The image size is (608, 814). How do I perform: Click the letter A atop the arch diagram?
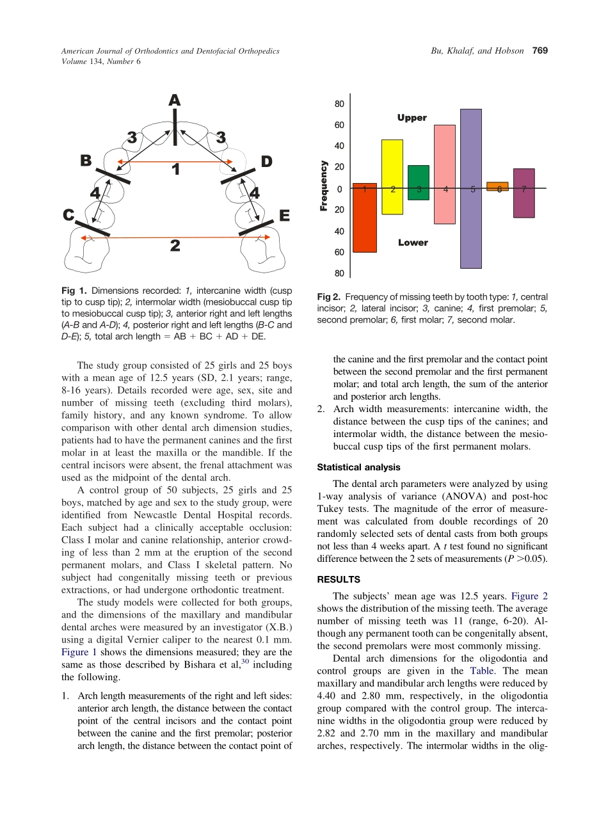pyautogui.click(x=174, y=100)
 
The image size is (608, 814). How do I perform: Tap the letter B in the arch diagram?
pyautogui.click(x=86, y=161)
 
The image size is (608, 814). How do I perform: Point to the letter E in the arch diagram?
pyautogui.click(x=285, y=216)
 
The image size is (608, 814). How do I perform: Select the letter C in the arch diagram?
pyautogui.click(x=69, y=216)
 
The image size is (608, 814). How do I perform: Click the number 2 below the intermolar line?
pyautogui.click(x=175, y=246)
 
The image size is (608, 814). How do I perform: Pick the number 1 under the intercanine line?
pyautogui.click(x=175, y=170)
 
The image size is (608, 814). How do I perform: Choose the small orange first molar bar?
pyautogui.click(x=497, y=186)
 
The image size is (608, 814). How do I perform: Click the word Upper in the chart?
pyautogui.click(x=412, y=118)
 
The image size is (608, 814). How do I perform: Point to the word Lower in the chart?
pyautogui.click(x=413, y=243)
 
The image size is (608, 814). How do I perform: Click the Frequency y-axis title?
pyautogui.click(x=324, y=186)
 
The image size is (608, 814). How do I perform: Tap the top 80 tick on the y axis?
pyautogui.click(x=339, y=104)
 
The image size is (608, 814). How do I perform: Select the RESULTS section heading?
pyautogui.click(x=339, y=579)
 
